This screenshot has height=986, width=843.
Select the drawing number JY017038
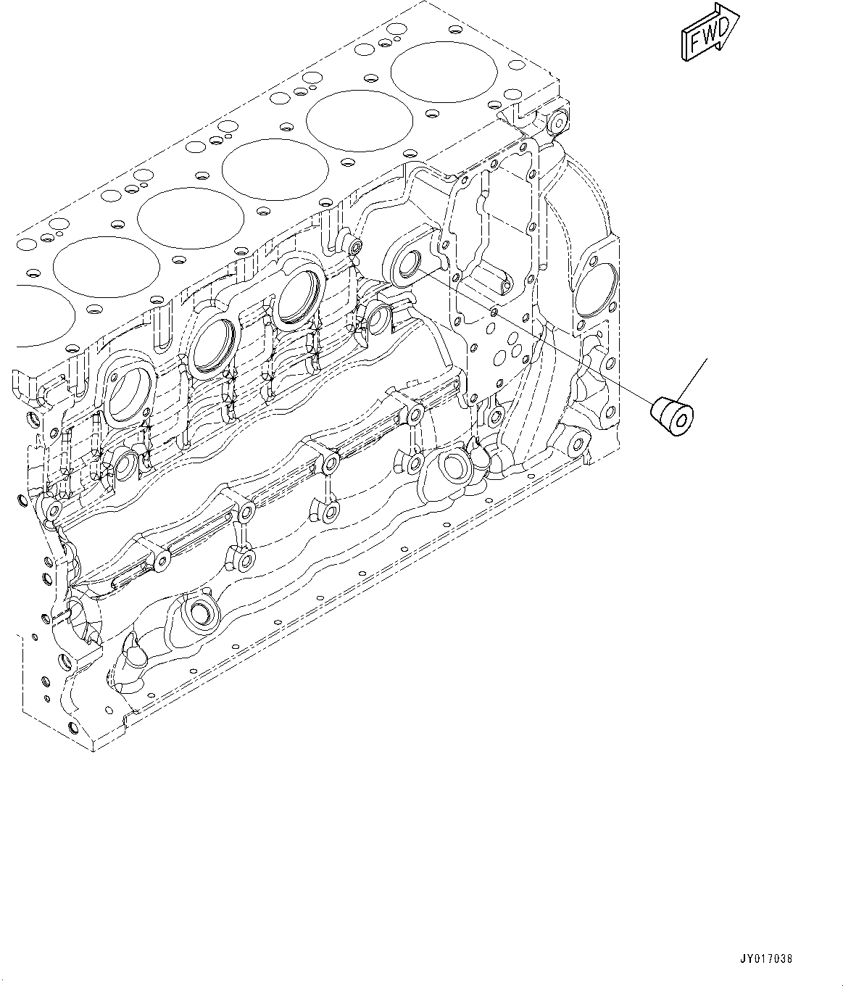click(x=765, y=958)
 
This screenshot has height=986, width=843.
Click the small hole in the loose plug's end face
click(x=683, y=420)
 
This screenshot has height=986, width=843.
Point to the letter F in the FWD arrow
click(x=694, y=43)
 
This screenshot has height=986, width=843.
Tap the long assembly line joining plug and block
click(x=536, y=333)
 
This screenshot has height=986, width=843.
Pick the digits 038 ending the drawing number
click(x=782, y=958)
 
